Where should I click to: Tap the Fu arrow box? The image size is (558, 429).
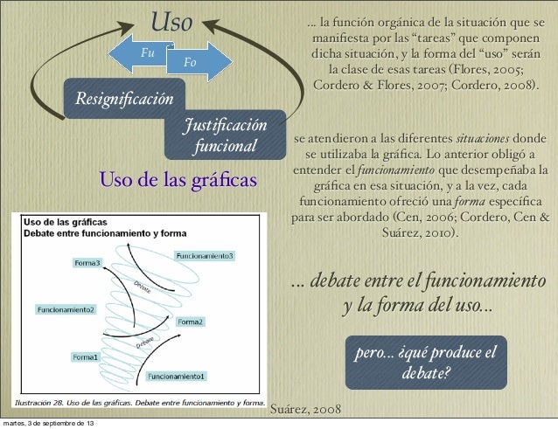(144, 52)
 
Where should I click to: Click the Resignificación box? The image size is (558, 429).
(123, 97)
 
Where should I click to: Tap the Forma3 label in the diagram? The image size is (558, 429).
(87, 263)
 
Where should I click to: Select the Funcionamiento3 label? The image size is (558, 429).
(205, 256)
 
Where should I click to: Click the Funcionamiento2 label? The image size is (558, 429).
(66, 308)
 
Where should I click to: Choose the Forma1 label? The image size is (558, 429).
(85, 356)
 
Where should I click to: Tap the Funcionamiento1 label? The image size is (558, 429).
(176, 377)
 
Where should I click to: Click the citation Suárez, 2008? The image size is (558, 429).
(307, 409)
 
